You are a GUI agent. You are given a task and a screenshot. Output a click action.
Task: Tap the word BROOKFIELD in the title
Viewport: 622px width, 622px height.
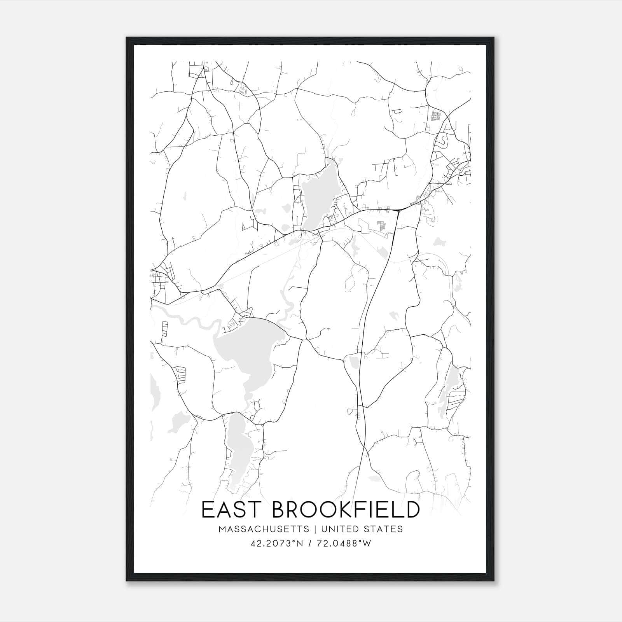pyautogui.click(x=346, y=510)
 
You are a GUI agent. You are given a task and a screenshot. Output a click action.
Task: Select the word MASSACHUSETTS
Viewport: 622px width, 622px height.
pyautogui.click(x=264, y=529)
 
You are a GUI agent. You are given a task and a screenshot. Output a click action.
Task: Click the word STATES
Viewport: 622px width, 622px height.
pyautogui.click(x=384, y=529)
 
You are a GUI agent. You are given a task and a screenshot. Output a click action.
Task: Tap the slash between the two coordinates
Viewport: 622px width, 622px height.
pyautogui.click(x=309, y=543)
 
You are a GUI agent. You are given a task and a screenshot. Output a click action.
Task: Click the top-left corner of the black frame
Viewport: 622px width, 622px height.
pyautogui.click(x=127, y=38)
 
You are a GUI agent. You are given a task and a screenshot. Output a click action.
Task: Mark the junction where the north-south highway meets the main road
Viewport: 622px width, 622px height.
pyautogui.click(x=399, y=210)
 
